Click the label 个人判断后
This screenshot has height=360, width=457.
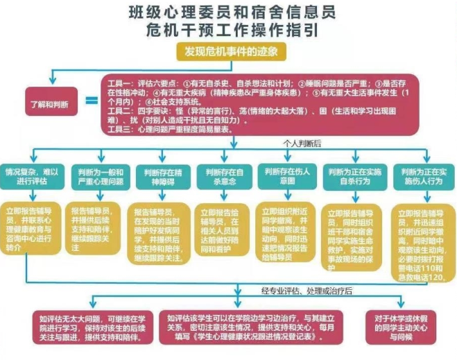coord(302,143)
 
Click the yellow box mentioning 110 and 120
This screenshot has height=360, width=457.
coord(422,237)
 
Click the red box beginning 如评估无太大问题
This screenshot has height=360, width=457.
coord(93,327)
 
